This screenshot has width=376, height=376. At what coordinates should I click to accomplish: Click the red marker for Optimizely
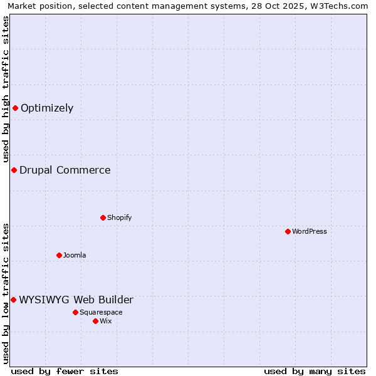click(15, 108)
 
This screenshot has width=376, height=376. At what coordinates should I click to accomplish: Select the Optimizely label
click(47, 108)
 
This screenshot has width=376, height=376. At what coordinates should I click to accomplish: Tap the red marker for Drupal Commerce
click(14, 170)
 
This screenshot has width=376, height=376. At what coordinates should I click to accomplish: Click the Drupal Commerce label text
click(65, 170)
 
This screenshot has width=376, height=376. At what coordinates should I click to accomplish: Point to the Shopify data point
click(103, 217)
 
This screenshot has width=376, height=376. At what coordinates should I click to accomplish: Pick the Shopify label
click(119, 217)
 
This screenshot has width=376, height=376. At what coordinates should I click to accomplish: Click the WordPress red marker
click(288, 231)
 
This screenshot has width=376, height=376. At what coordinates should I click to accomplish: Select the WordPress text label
click(310, 231)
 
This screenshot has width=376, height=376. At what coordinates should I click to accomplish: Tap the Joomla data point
click(59, 255)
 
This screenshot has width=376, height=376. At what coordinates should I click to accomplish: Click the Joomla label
click(75, 255)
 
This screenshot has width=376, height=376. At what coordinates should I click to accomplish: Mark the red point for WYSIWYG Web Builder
click(13, 300)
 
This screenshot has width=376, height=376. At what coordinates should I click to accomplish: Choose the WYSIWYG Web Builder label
click(76, 300)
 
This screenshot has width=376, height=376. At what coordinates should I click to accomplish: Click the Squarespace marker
click(75, 312)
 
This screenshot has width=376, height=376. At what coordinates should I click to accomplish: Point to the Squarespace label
click(101, 312)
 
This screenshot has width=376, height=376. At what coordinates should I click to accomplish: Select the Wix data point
click(95, 321)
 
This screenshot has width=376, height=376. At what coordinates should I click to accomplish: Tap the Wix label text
click(105, 321)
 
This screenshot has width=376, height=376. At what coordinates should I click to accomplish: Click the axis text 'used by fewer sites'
click(65, 371)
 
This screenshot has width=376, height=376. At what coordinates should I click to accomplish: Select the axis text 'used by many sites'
click(315, 371)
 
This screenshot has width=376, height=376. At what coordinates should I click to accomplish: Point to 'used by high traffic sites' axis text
click(6, 89)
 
